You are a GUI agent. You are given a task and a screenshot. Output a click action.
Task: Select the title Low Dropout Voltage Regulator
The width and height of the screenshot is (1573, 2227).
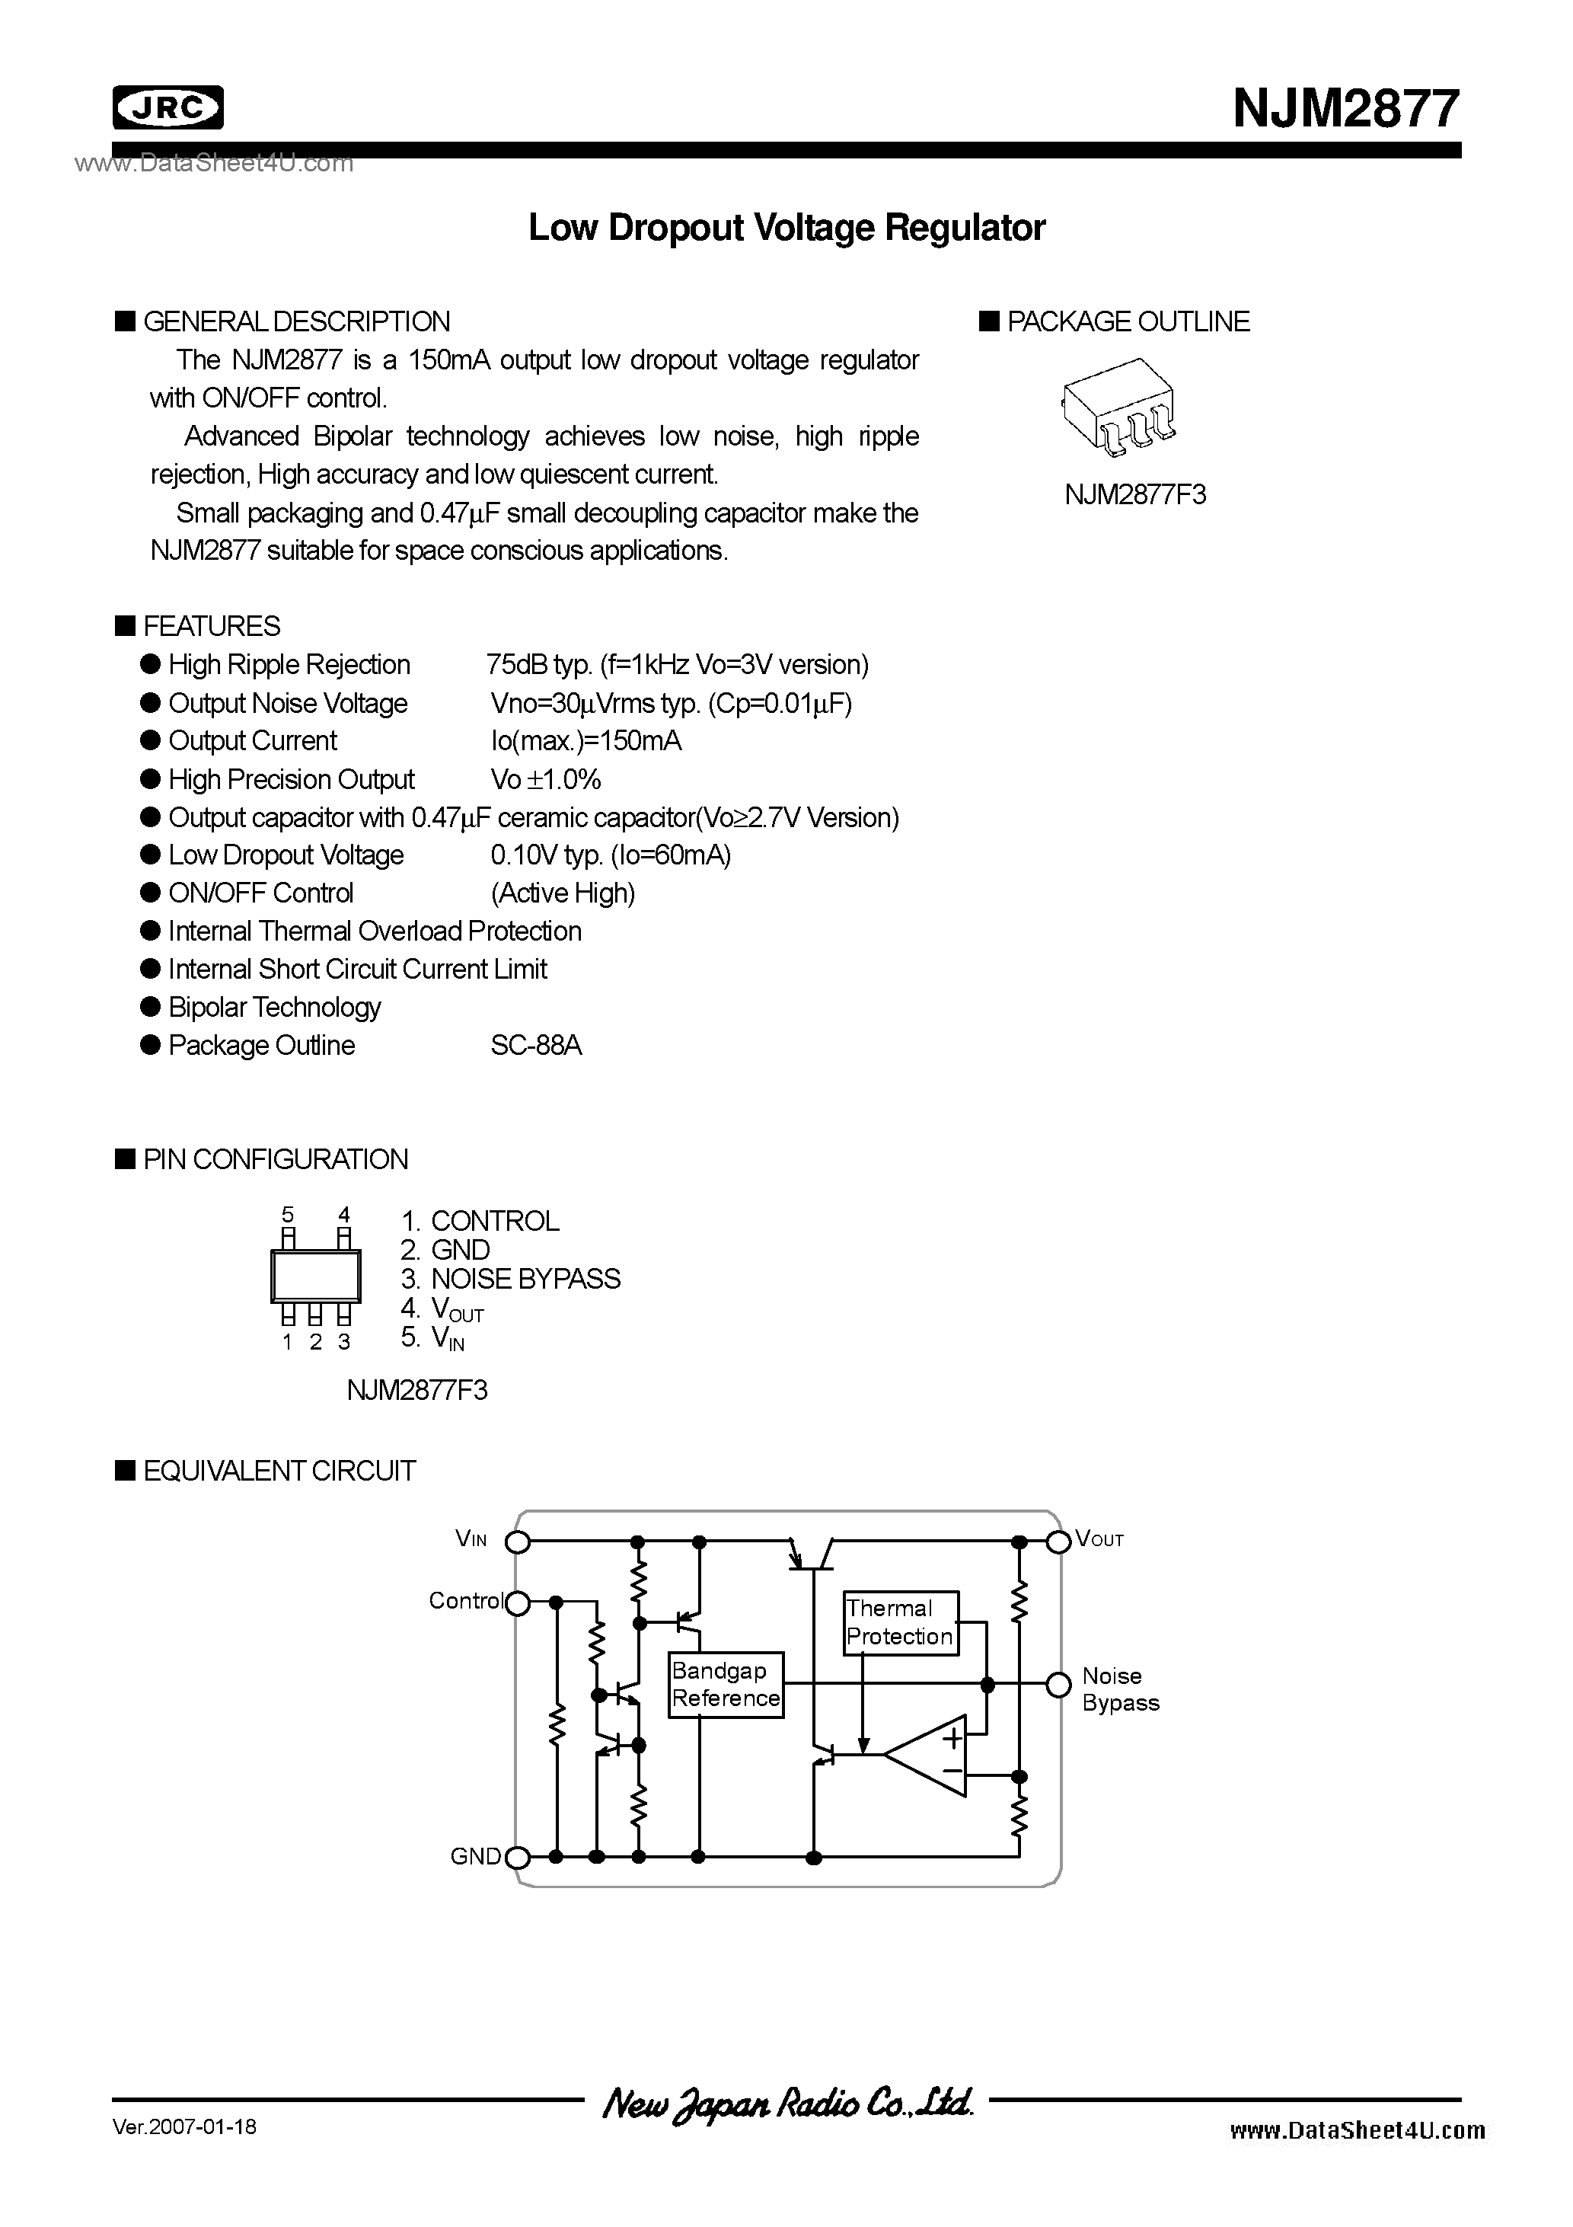(x=786, y=228)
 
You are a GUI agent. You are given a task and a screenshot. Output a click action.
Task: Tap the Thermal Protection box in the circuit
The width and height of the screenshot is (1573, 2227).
(x=900, y=1622)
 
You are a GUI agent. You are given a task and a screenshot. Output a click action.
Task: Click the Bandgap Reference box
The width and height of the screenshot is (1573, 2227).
(x=726, y=1685)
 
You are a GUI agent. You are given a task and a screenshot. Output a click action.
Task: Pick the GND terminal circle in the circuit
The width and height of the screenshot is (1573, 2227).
(x=518, y=1858)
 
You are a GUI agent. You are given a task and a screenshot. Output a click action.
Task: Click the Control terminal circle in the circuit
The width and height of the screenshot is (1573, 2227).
(x=518, y=1602)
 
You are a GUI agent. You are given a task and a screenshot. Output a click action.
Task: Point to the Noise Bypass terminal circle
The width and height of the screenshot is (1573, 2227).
(x=1059, y=1685)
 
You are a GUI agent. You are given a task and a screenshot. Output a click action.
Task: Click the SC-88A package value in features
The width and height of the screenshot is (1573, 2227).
(x=536, y=1046)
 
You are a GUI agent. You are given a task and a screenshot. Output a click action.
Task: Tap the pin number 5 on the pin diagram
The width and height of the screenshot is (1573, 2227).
(x=287, y=1214)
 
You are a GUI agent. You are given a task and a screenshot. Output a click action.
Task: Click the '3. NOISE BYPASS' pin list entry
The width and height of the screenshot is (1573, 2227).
(x=510, y=1280)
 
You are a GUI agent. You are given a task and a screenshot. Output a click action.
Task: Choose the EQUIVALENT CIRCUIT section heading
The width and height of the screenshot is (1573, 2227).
(x=279, y=1471)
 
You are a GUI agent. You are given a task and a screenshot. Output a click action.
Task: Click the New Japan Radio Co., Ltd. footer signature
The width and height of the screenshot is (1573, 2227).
(x=786, y=2104)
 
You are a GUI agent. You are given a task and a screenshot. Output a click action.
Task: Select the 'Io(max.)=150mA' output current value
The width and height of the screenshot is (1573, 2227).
(x=585, y=741)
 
